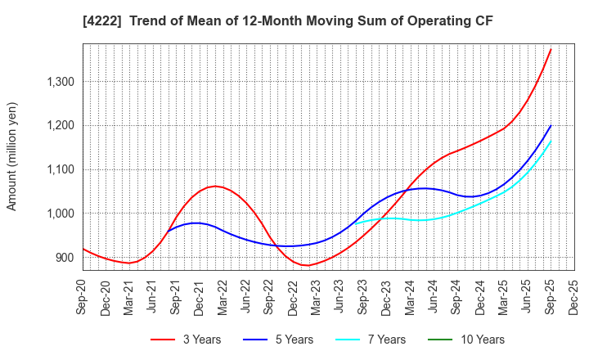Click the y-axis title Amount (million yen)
point(11,156)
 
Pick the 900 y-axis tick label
point(62,258)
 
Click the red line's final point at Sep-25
point(551,49)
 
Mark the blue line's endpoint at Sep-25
point(551,126)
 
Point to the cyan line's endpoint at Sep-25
point(551,141)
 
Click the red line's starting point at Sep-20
point(83,249)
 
